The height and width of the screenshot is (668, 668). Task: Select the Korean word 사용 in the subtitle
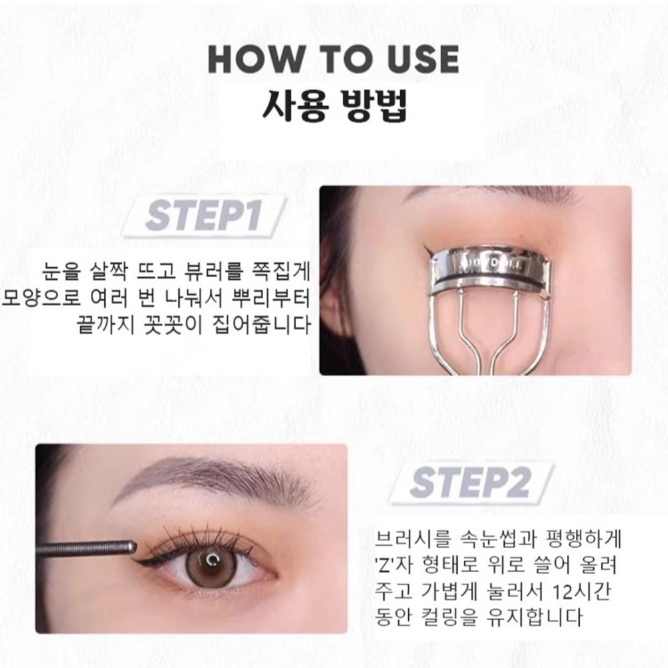[295, 105]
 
